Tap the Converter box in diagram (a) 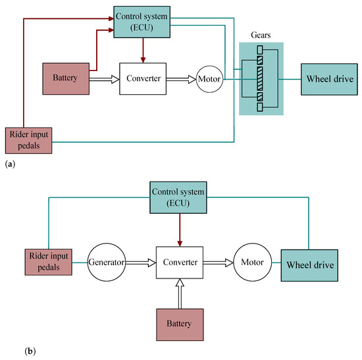pos(143,79)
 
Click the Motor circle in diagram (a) pos(209,79)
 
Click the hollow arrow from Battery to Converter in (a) pos(103,79)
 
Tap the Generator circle pos(107,262)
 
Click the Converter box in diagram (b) pos(180,262)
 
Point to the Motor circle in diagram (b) pos(249,262)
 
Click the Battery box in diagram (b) pos(180,324)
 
